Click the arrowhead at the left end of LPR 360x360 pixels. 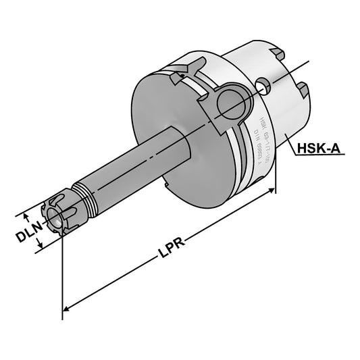point(66,309)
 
